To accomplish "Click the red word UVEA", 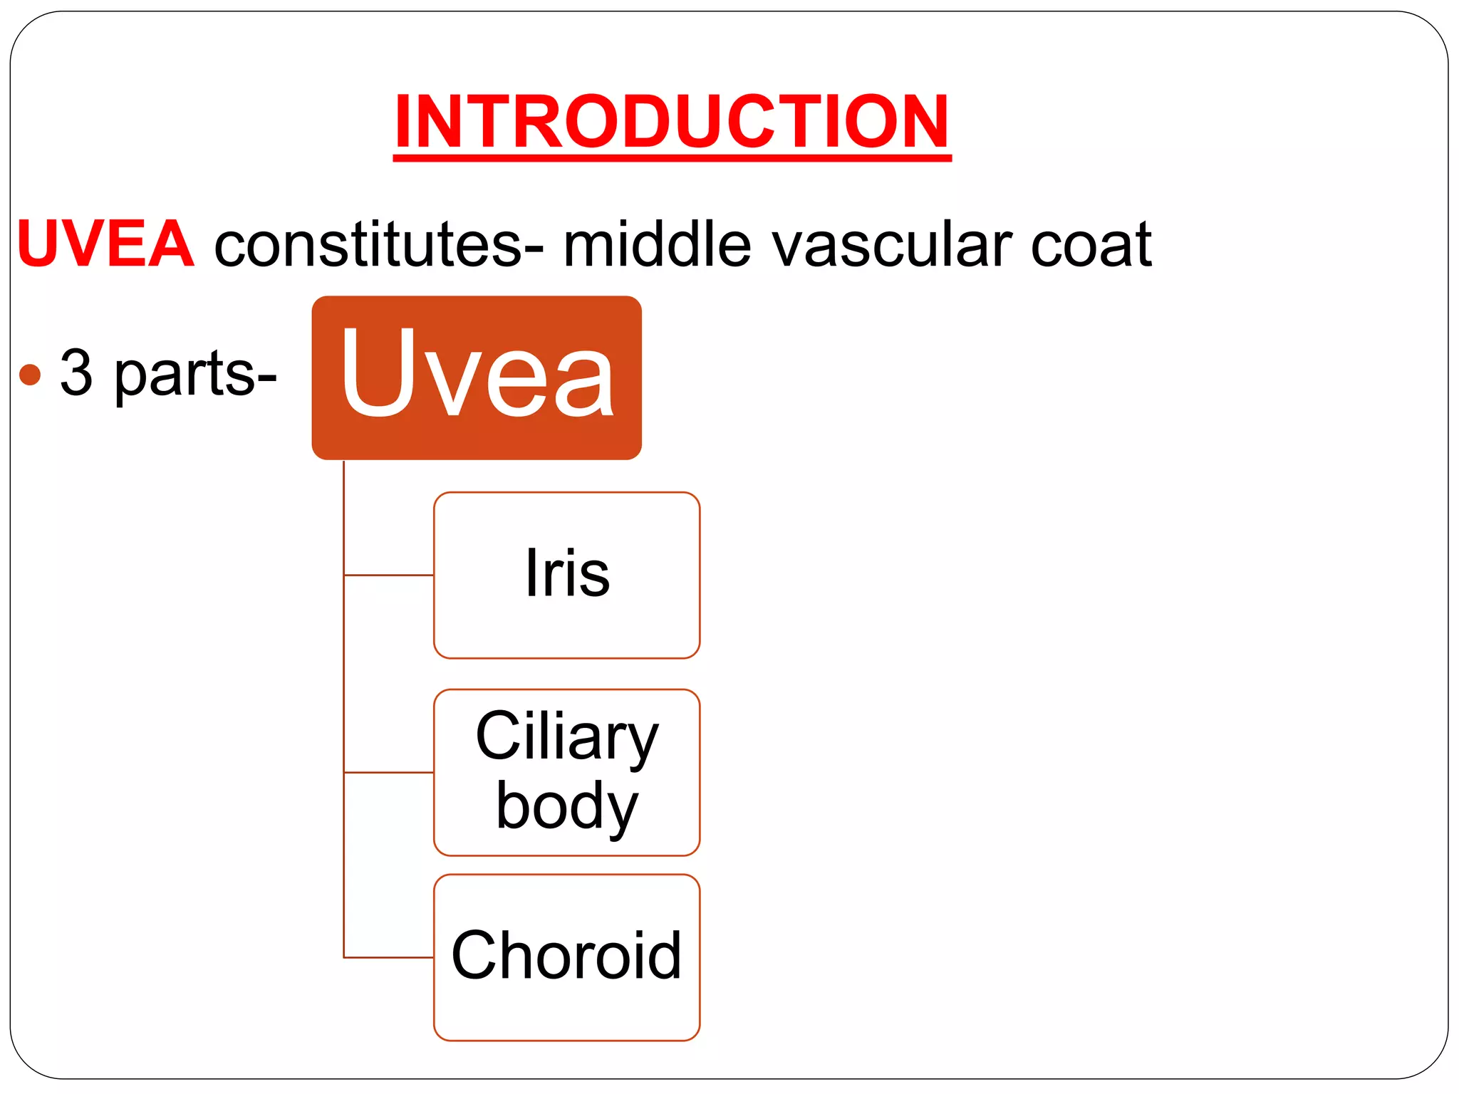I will (x=105, y=244).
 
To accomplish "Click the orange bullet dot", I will (x=31, y=374).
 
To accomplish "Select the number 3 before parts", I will (x=76, y=373).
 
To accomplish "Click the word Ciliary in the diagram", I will (x=566, y=737).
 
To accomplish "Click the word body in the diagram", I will (x=566, y=806).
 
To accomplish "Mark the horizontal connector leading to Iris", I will (x=389, y=575).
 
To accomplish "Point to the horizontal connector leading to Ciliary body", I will (x=389, y=772).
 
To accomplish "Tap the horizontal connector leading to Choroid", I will (x=389, y=957).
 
